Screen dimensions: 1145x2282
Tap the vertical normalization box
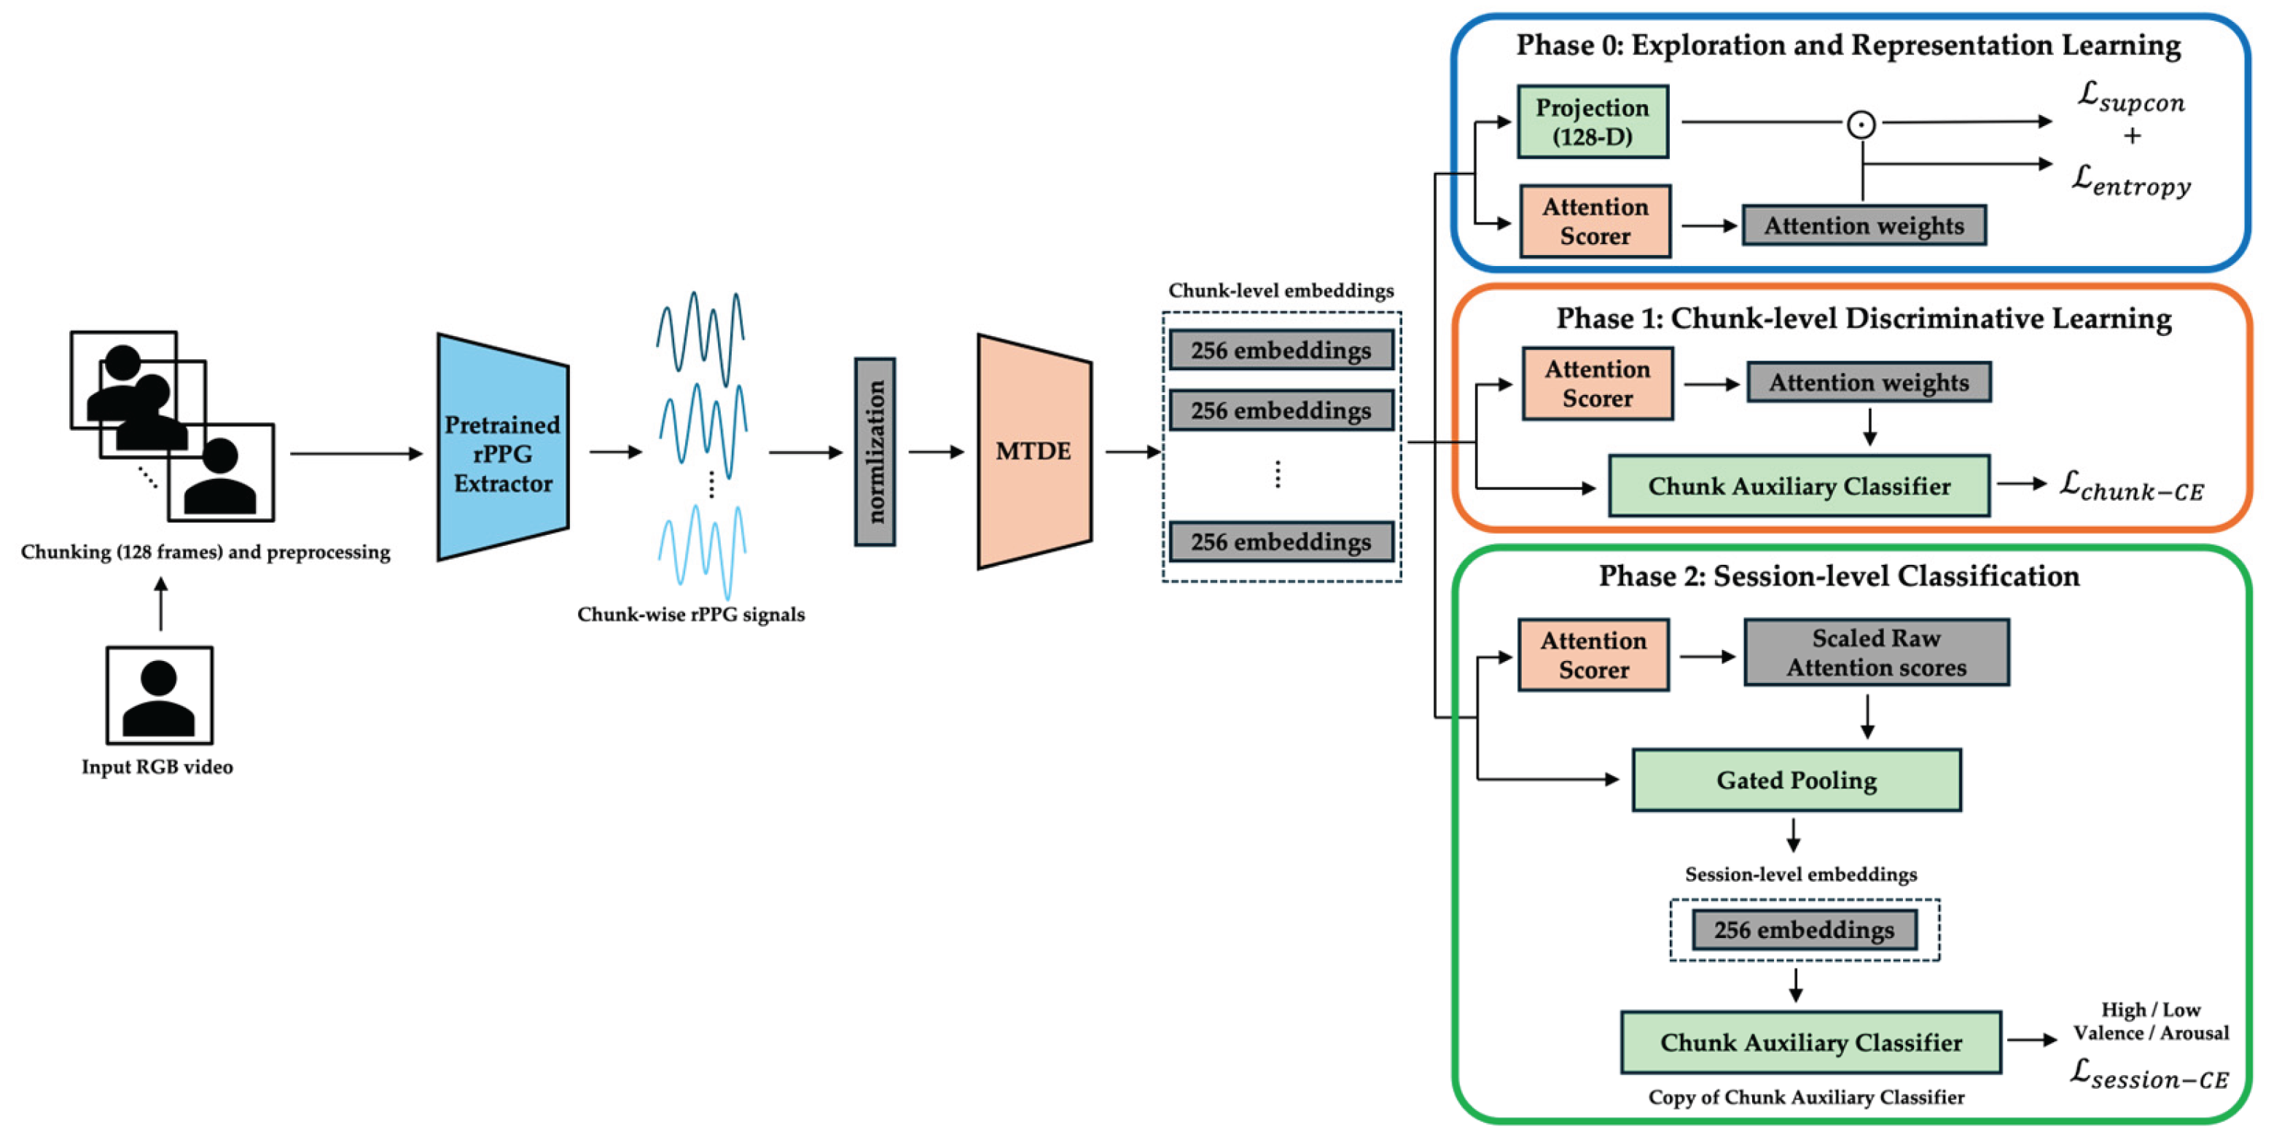[x=875, y=452]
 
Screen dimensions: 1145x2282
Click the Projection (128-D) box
[x=1592, y=121]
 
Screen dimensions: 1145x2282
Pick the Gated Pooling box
[x=1796, y=779]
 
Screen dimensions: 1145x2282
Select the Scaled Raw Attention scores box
[x=1875, y=652]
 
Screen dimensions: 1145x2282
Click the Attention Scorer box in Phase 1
[x=1596, y=383]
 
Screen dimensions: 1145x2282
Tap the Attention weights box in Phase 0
[x=1863, y=225]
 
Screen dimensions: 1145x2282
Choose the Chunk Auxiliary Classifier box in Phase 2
[x=1810, y=1042]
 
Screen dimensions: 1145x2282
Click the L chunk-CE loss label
[x=2130, y=485]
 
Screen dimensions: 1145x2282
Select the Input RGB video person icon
[x=160, y=695]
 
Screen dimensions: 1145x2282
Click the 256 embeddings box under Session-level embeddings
[x=1804, y=929]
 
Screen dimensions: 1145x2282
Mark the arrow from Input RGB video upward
[x=160, y=604]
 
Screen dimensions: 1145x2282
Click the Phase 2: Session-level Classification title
[x=1838, y=576]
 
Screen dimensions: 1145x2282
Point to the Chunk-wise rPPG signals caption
[x=691, y=614]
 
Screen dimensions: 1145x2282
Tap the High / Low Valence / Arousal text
[x=2150, y=1020]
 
